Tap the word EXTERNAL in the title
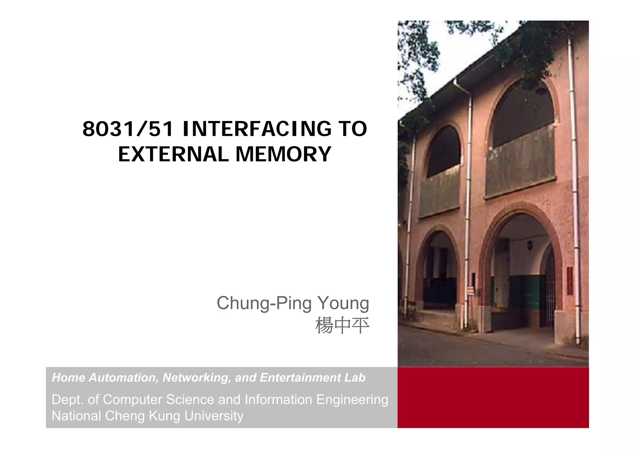(173, 154)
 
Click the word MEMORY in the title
(283, 154)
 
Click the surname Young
(343, 303)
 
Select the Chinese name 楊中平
(342, 326)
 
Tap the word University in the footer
(214, 416)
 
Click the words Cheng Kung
(142, 416)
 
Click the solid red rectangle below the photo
(493, 398)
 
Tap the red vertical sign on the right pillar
(570, 281)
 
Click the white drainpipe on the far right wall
(574, 186)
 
